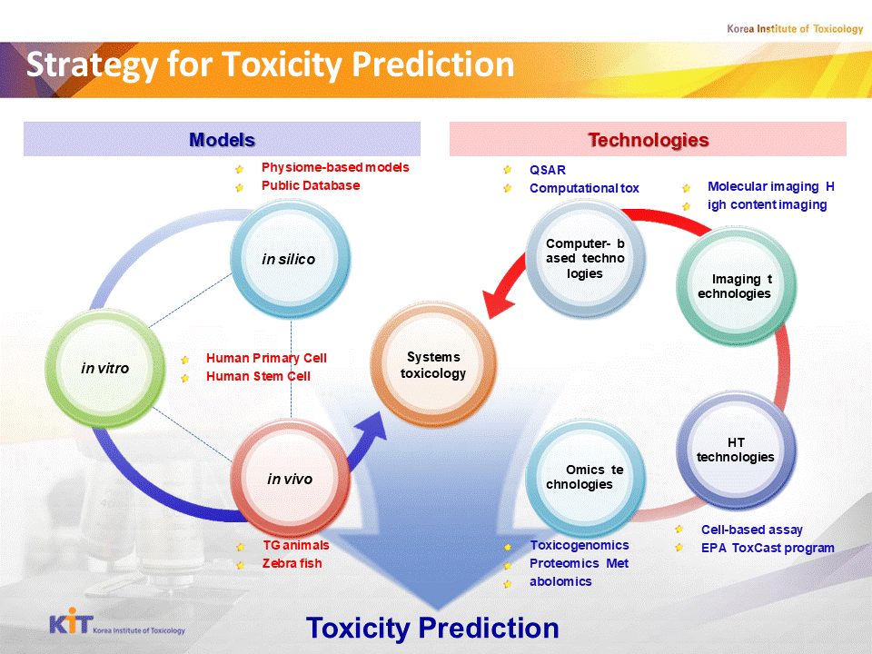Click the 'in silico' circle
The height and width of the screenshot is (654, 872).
pos(291,259)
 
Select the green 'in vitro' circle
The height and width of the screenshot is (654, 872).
pos(105,368)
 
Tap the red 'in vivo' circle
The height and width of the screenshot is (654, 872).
pos(291,479)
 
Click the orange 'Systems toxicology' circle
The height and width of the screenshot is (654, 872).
pos(433,365)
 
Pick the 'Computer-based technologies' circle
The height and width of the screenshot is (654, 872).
pos(585,259)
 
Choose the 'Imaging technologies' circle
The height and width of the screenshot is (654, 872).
pos(736,286)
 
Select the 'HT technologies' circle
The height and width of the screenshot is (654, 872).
pos(736,450)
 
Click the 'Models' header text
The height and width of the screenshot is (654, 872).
pos(222,140)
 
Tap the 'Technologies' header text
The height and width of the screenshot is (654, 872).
pos(649,140)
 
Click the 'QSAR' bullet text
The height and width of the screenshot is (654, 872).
pos(547,170)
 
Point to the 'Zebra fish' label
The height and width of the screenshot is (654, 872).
pos(292,563)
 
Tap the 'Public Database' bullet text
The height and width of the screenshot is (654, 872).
pos(311,185)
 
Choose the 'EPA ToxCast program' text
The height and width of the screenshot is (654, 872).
pos(768,549)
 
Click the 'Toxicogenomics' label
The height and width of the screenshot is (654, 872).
pos(580,546)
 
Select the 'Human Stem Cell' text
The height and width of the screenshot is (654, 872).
pos(258,376)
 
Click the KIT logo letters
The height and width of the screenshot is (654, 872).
pos(71,621)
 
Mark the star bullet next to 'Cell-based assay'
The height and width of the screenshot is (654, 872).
pos(679,530)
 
